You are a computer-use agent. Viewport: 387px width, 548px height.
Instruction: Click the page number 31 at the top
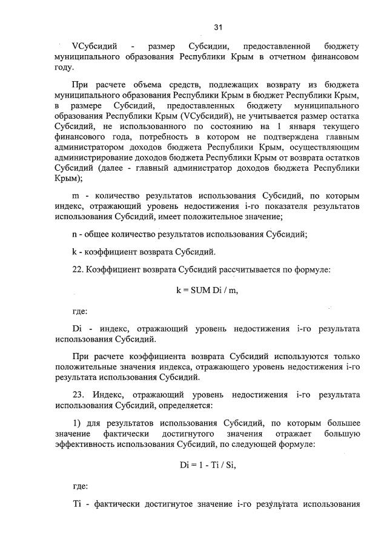coord(219,27)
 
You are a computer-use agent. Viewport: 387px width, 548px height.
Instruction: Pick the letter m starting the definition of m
coord(76,196)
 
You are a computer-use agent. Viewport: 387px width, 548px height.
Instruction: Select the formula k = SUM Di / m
coord(207,291)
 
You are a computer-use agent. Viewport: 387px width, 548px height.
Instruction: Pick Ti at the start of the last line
coord(76,504)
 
